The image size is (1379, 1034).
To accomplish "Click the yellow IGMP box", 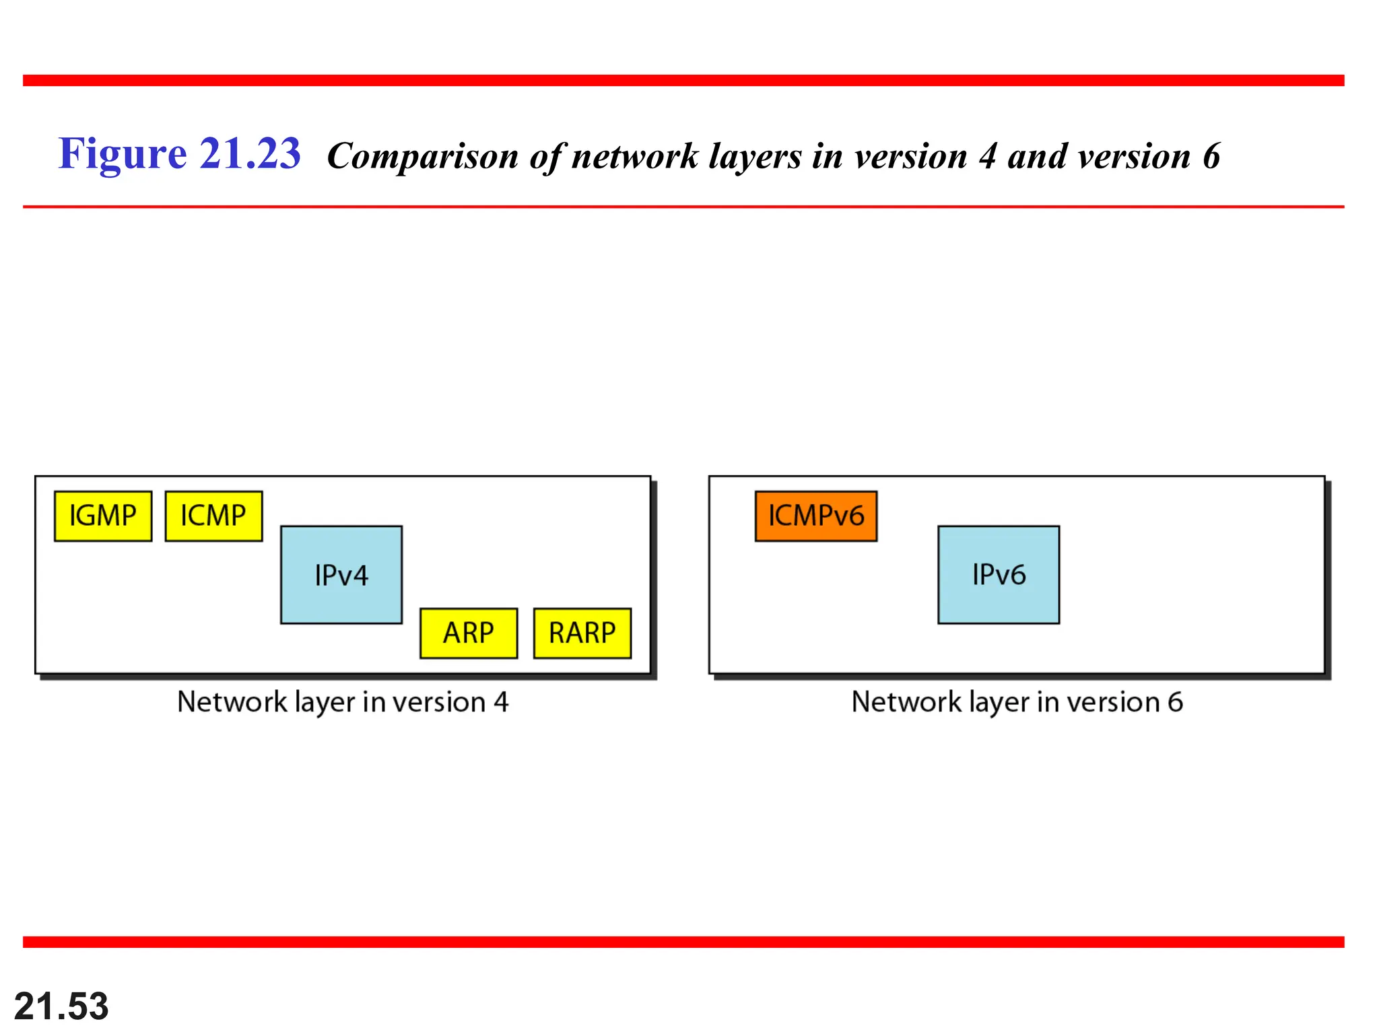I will pos(103,516).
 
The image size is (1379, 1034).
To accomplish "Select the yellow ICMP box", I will pos(213,516).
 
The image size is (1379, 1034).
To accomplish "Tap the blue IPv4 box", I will pos(341,575).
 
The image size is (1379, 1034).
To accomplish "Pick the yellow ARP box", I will pos(469,633).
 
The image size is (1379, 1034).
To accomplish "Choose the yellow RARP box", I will pos(582,633).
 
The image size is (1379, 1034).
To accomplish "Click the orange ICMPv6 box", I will pos(816,516).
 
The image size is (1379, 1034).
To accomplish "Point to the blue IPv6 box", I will pos(999,575).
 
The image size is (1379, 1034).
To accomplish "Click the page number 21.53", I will pos(61,1006).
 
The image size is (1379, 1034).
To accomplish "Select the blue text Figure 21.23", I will pos(179,153).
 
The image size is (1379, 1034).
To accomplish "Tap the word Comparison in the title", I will pos(422,157).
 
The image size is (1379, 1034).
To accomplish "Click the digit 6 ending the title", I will pos(1211,157).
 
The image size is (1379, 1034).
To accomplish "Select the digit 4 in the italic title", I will pos(987,157).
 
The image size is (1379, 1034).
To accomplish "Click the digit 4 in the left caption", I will pos(501,702).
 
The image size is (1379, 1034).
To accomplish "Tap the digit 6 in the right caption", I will pos(1175,702).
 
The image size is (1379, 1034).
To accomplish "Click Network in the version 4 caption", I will pos(232,702).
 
